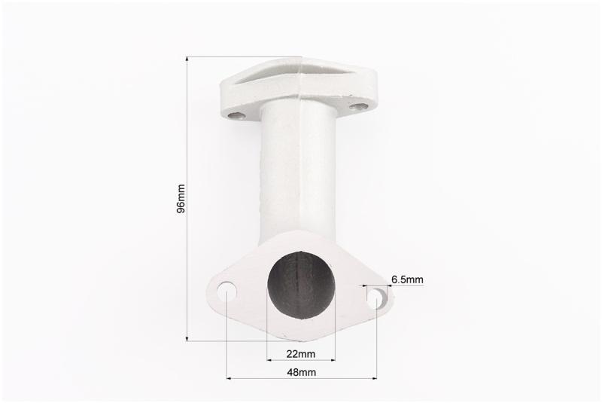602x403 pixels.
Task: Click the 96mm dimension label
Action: (181, 199)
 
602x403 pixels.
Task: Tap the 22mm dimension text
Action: (300, 353)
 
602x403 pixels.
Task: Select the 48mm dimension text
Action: (302, 372)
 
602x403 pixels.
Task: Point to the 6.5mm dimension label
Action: (407, 279)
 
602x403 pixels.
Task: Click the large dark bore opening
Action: (300, 285)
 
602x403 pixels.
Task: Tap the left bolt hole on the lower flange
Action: (227, 292)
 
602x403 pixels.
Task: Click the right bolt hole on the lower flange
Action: (377, 298)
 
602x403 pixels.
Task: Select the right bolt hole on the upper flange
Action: (358, 106)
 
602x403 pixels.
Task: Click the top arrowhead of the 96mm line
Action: (187, 59)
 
